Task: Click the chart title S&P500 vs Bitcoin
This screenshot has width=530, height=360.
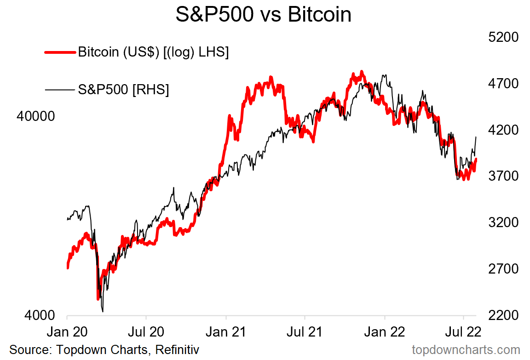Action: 263,15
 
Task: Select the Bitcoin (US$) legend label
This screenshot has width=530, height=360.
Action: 153,52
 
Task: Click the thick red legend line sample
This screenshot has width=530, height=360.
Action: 60,52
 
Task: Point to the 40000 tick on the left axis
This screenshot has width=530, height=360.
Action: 35,117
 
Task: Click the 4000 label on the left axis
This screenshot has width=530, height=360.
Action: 40,316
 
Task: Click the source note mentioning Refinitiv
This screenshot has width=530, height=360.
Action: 104,349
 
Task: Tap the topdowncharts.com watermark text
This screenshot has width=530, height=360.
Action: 466,349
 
